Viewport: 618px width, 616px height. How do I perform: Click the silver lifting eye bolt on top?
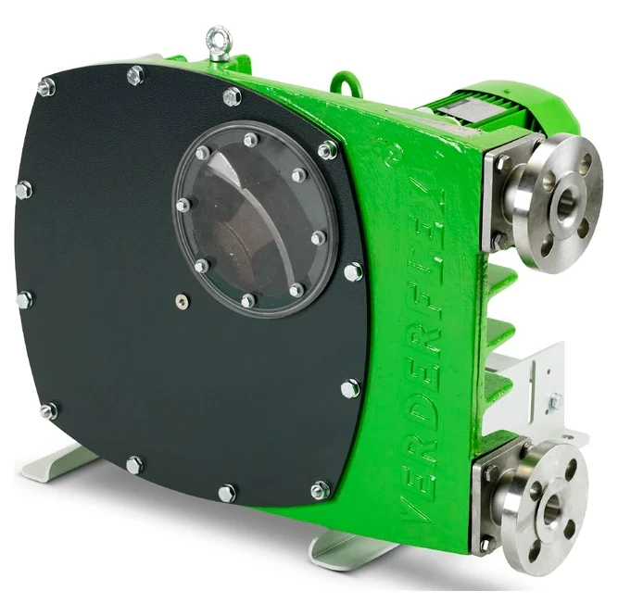[219, 43]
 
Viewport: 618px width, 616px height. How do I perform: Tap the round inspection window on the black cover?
[256, 219]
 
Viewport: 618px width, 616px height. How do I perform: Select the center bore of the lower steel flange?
[552, 504]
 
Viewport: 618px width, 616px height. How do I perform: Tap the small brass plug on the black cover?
[183, 301]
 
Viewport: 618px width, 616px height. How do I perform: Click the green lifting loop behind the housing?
[347, 83]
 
